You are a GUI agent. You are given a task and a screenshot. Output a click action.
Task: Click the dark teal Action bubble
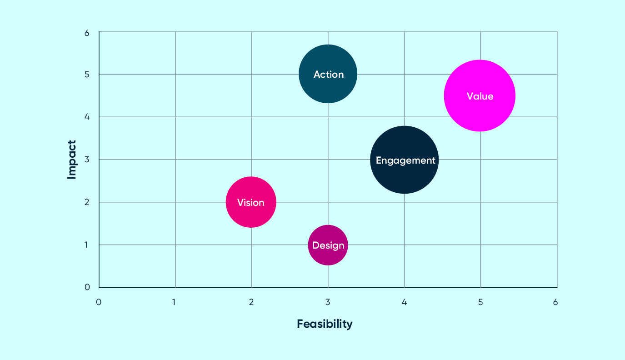[x=328, y=74]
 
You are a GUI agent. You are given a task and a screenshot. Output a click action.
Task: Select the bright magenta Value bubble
[x=480, y=95]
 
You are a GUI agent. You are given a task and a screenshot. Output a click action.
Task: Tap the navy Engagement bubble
[x=404, y=160]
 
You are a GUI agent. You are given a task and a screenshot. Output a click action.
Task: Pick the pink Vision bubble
[x=251, y=202]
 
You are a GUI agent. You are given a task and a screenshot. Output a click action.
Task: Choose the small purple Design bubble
[x=328, y=245]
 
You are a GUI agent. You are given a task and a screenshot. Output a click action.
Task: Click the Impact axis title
[x=71, y=160]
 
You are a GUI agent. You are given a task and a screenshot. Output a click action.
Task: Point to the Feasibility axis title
[x=325, y=324]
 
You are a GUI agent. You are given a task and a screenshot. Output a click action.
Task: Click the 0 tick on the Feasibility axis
[x=99, y=302]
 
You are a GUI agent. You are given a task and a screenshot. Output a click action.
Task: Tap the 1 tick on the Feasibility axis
[x=175, y=302]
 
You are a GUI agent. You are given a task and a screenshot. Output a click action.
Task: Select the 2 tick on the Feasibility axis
[x=251, y=302]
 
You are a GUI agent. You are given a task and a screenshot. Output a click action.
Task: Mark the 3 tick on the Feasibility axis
[x=328, y=302]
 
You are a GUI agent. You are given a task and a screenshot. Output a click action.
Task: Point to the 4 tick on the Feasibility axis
[x=404, y=302]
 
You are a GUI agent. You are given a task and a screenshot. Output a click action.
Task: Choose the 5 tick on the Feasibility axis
[x=480, y=302]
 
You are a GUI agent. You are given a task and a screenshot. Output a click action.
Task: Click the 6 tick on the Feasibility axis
[x=555, y=302]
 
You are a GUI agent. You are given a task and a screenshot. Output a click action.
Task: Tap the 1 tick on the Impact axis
[x=86, y=245]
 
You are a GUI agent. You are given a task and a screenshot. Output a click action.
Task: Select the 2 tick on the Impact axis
[x=86, y=202]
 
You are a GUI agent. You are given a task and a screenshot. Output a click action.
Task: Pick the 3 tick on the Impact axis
[x=86, y=160]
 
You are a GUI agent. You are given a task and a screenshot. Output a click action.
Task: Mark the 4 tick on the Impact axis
[x=86, y=117]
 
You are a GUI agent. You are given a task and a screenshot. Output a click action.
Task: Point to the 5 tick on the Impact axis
[x=86, y=74]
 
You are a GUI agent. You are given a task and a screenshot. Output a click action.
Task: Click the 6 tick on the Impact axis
[x=86, y=33]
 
